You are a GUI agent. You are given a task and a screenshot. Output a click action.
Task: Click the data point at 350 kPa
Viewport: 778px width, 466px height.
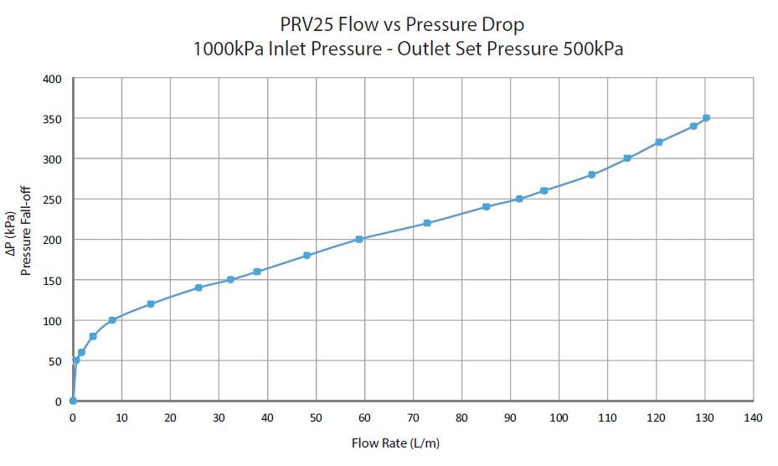click(706, 118)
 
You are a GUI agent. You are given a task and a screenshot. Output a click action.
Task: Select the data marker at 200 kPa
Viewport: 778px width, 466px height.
click(359, 239)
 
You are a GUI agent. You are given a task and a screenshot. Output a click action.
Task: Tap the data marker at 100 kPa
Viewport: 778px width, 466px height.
click(112, 320)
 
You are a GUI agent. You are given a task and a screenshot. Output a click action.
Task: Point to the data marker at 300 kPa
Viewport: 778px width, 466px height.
click(627, 158)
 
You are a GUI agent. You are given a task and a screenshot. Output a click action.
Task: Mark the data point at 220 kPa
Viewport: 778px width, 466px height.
click(427, 223)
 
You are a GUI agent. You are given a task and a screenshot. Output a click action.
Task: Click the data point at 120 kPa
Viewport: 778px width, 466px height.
click(151, 304)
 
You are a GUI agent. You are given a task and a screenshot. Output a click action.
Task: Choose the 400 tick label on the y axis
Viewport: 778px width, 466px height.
click(53, 79)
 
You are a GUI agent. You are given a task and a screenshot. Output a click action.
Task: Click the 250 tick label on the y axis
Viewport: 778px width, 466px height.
click(53, 199)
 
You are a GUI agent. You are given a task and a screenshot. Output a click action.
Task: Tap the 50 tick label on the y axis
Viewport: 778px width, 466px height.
click(55, 361)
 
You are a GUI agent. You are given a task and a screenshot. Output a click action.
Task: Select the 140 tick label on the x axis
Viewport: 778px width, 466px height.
click(753, 417)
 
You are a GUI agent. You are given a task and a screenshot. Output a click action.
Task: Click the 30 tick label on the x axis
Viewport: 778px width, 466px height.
click(219, 417)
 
